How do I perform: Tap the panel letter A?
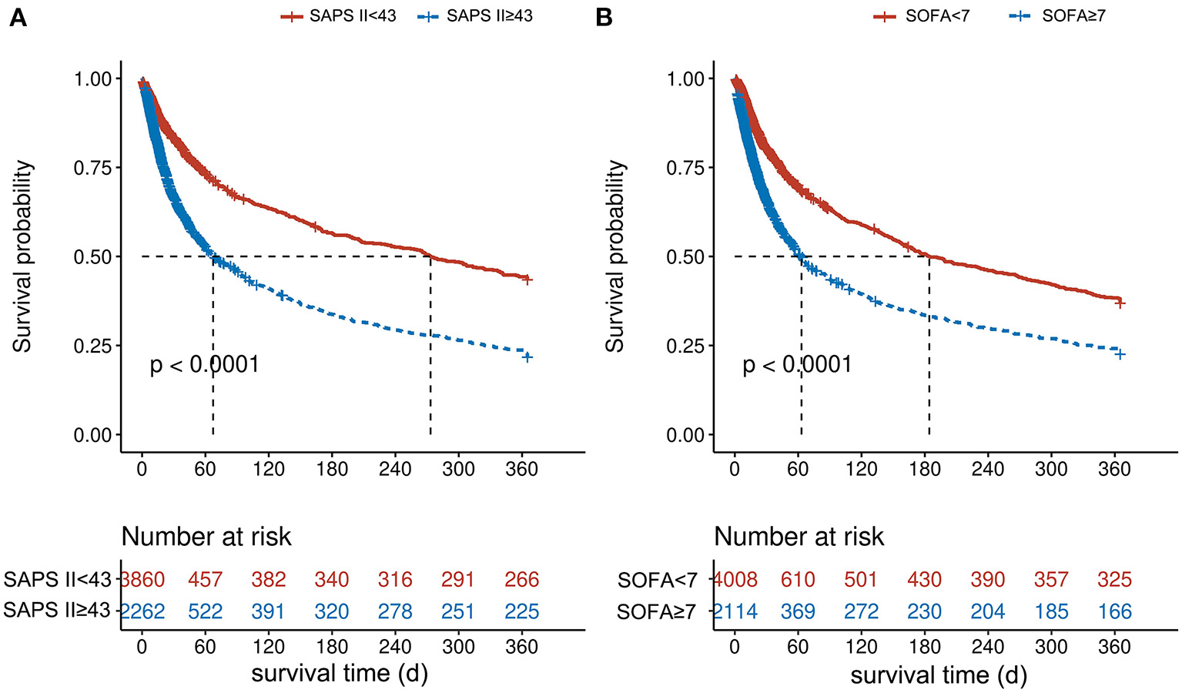point(18,17)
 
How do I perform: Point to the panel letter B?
point(604,17)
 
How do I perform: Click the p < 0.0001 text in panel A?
point(204,364)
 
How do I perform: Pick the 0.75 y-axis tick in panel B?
point(685,168)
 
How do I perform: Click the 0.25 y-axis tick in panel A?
point(92,346)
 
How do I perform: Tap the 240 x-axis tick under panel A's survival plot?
point(395,469)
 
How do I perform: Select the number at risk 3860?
point(143,580)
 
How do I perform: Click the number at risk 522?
point(205,612)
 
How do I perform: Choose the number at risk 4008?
point(736,580)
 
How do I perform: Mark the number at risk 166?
point(1114,612)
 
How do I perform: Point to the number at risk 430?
point(924,580)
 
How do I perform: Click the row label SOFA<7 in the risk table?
point(657,581)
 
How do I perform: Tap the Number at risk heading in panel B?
point(799,537)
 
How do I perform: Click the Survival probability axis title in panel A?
point(22,256)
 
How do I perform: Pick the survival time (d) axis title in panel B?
point(939,675)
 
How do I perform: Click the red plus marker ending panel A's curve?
point(527,280)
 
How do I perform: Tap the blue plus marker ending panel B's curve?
point(1120,354)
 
